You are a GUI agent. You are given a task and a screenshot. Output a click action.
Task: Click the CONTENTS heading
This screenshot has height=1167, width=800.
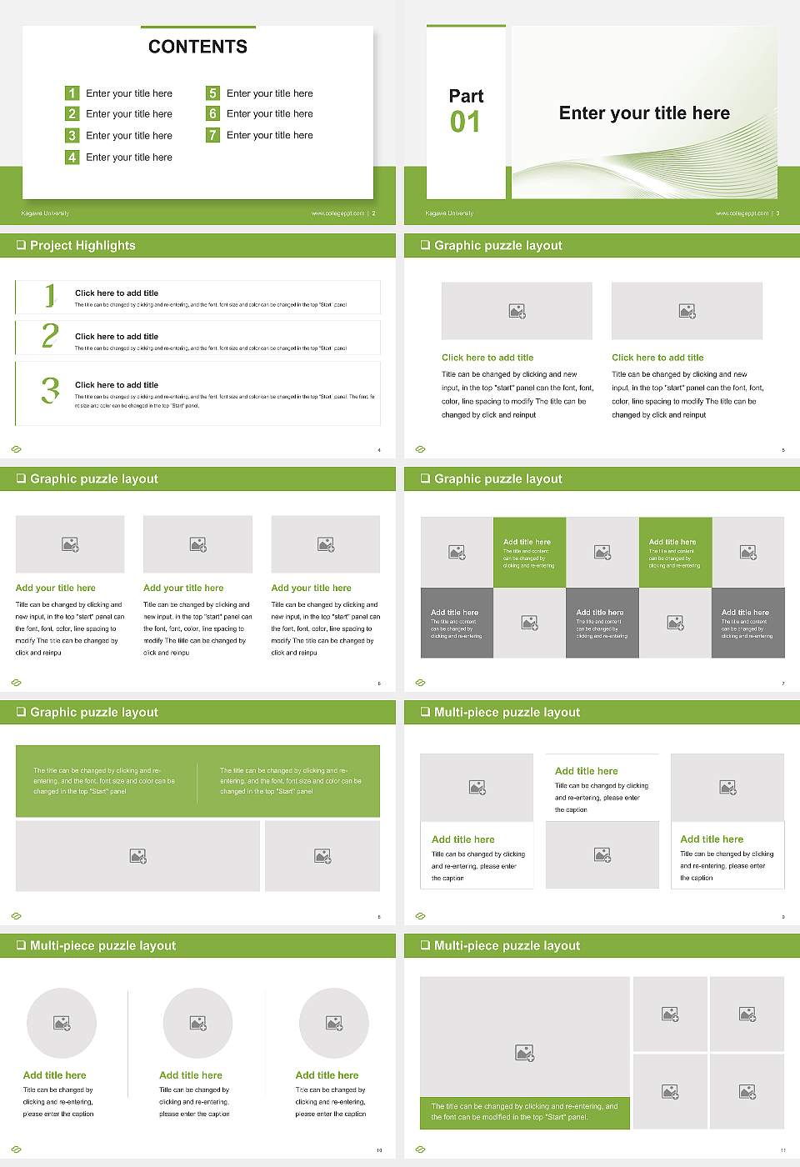197,47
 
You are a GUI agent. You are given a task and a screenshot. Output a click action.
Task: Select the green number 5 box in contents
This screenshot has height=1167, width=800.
212,93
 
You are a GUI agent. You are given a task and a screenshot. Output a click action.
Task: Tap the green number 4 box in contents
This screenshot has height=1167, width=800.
72,157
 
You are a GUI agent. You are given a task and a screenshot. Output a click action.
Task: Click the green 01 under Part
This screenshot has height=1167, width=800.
465,123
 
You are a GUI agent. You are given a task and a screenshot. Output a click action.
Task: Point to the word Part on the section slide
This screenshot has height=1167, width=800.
466,96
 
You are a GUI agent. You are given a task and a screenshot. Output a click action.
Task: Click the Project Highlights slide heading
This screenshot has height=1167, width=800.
82,245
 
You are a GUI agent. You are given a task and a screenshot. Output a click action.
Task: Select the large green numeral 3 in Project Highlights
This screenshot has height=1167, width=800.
50,390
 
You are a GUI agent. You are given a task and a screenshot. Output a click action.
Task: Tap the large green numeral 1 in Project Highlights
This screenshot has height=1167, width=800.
50,295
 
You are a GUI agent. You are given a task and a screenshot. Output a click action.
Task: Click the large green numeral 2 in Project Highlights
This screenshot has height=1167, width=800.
50,336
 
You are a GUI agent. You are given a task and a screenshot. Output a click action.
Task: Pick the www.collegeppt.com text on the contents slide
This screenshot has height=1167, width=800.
337,213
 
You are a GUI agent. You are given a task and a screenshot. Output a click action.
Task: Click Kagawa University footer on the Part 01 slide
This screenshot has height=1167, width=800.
449,213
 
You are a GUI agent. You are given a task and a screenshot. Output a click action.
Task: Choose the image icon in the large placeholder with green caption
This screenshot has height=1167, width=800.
524,1054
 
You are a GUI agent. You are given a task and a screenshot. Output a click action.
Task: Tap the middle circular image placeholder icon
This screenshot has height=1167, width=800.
197,1023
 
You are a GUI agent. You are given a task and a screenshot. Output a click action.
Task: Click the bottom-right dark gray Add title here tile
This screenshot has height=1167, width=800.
747,623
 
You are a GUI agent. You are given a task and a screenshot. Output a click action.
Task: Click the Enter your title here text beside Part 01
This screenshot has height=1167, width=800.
644,113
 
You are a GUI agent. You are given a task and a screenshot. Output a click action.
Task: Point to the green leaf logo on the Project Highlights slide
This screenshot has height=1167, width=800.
16,449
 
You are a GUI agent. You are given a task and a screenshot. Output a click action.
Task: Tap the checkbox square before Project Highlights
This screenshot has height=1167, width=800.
21,245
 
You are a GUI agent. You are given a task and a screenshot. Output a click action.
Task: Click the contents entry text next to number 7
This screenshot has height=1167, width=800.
269,135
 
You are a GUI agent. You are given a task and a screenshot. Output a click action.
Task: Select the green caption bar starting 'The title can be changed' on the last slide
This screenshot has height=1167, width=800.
524,1112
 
